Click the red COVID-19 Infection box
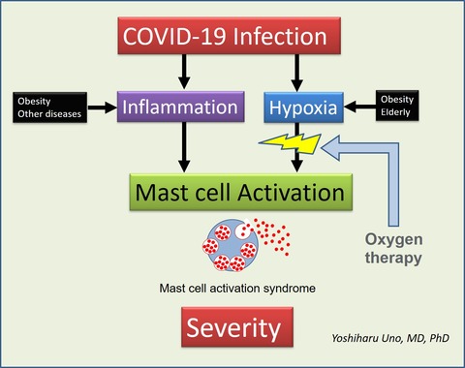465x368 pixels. (x=230, y=36)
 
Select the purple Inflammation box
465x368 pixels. (x=180, y=107)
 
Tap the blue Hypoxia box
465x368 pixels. (x=303, y=107)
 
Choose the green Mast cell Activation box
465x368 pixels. (x=241, y=193)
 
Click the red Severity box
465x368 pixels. (x=237, y=327)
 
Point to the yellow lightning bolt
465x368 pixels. (x=291, y=143)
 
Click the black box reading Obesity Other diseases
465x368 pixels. (x=49, y=107)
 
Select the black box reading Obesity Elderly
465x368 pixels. (x=397, y=106)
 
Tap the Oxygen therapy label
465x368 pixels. (x=393, y=249)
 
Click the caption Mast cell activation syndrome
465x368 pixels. (x=237, y=289)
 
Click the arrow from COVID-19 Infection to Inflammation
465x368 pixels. (x=184, y=72)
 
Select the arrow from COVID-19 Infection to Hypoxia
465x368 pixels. (x=296, y=73)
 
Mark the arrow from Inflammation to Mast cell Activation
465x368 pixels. (x=184, y=147)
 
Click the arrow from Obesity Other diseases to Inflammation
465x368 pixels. (x=102, y=107)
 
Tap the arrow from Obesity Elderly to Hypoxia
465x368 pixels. (x=359, y=107)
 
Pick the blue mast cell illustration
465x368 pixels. (x=231, y=245)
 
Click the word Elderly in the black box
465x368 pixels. (x=395, y=112)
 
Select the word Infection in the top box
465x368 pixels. (x=280, y=36)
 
